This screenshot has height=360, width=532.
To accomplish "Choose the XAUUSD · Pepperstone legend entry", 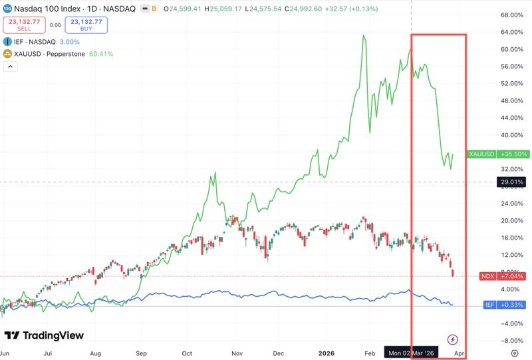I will point(49,54).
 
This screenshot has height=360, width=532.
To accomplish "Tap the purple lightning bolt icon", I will point(453,339).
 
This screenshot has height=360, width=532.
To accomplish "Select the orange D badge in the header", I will point(154,9).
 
